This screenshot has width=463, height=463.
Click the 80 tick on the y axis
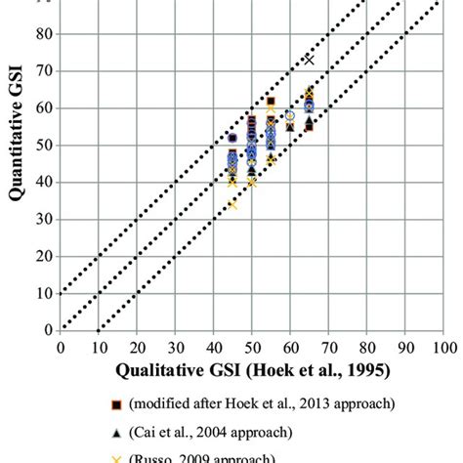[x=44, y=34]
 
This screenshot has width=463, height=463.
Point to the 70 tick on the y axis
[x=44, y=71]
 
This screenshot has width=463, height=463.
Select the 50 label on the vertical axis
[x=44, y=145]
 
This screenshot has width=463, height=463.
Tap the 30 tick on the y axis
[x=44, y=219]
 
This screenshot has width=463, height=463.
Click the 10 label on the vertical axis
[x=44, y=293]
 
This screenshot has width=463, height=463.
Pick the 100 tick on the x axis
[x=443, y=346]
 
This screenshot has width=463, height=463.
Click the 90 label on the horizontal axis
[x=405, y=346]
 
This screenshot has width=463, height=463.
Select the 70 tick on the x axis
[x=329, y=346]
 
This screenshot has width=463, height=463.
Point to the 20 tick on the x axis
[x=137, y=346]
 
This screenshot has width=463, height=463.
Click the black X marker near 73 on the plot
[x=310, y=60]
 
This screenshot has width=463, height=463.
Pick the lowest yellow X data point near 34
[x=232, y=204]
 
